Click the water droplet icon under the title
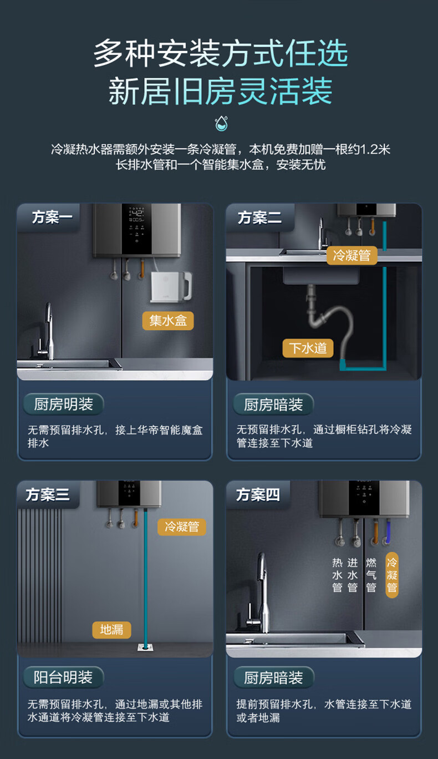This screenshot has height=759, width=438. point(221,123)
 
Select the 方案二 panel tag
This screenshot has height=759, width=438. point(260,217)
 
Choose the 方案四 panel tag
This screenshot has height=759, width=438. point(258,495)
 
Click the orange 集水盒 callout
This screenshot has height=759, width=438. point(168,321)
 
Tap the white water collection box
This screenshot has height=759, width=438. point(171,286)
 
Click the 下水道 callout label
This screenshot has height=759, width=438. point(308,348)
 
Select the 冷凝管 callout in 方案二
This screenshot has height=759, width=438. point(352,255)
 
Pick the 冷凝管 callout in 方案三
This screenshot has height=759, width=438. point(182,527)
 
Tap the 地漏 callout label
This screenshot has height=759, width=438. point(111,630)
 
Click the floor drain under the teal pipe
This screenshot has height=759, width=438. point(146,647)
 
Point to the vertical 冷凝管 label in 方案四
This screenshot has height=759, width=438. point(392,575)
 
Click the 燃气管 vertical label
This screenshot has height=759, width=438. point(371,575)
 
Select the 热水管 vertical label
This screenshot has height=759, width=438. point(337,575)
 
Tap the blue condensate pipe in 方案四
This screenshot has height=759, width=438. point(387,531)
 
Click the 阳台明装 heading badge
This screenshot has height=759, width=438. point(63,677)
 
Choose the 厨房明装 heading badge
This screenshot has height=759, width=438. point(63,404)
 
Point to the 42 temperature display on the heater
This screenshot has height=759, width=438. point(137,213)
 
